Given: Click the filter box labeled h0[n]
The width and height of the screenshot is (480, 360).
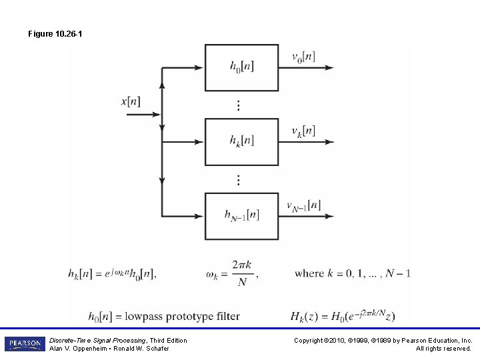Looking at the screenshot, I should click(241, 67).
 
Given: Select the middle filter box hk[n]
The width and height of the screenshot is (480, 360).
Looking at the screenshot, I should click(241, 141).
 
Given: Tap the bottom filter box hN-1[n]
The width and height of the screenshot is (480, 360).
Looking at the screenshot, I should click(241, 215).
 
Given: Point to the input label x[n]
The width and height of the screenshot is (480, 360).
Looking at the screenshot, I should click(131, 101).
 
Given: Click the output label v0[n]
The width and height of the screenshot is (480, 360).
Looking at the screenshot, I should click(303, 57).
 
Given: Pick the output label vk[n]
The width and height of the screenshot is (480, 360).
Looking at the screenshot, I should click(303, 131).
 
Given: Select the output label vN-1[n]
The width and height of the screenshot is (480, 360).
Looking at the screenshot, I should click(303, 205).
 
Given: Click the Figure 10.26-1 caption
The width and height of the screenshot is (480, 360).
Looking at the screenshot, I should click(55, 33).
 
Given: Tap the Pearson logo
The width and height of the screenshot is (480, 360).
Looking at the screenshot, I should click(25, 344).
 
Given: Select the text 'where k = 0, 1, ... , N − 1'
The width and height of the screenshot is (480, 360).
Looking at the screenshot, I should click(353, 273).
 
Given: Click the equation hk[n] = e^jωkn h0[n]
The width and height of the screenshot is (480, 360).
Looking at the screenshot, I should click(112, 273).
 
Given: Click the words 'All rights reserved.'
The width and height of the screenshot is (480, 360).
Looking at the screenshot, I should click(443, 348).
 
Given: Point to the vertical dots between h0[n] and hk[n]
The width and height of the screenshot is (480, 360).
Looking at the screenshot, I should click(239, 105).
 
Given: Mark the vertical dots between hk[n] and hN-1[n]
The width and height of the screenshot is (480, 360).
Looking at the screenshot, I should click(239, 179).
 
